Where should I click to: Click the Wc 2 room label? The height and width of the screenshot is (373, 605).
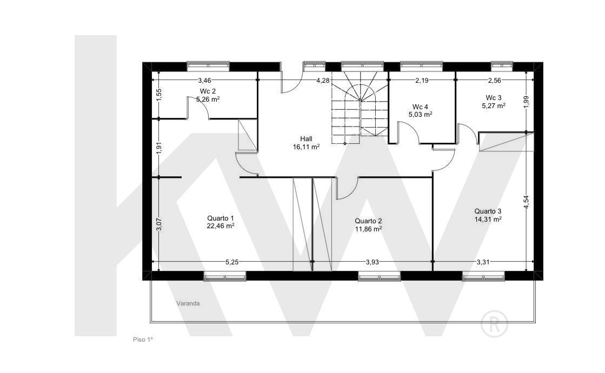point(208,91)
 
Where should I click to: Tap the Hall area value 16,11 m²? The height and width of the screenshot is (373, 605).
point(307,146)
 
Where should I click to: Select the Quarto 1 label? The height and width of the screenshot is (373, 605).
point(221,218)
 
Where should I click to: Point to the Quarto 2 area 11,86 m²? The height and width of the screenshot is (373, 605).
point(369,229)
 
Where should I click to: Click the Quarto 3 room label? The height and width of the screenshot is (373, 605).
point(488,211)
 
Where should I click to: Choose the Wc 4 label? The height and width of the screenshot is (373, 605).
point(420,107)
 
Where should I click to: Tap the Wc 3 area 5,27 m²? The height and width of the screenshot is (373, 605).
point(494,105)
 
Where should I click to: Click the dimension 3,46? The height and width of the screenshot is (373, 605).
point(204,80)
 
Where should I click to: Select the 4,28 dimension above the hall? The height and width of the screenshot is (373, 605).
point(323,80)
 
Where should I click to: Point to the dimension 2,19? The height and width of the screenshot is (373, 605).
point(422,80)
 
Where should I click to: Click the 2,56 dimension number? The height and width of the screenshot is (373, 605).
point(494,80)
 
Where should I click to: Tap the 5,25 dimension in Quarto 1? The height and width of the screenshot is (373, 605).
point(232,262)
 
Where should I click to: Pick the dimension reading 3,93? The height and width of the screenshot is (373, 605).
point(373,262)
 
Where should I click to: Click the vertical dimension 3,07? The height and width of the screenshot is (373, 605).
point(158,224)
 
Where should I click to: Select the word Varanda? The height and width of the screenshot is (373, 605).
point(188,303)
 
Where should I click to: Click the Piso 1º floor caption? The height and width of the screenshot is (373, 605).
point(143,339)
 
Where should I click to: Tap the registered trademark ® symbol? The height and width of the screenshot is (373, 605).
point(494,323)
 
